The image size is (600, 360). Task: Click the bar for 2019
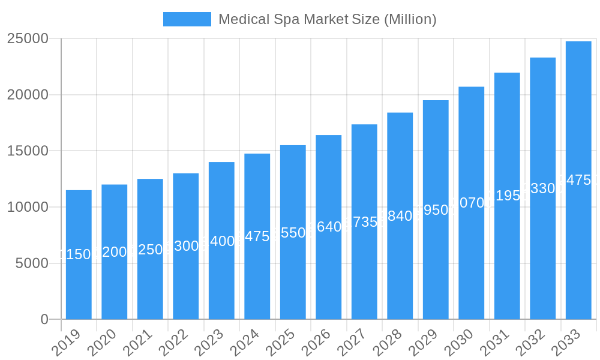tap(79, 282)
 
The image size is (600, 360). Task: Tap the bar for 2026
tap(329, 270)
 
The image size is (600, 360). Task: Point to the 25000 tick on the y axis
tap(28, 38)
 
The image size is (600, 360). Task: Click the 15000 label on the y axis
tap(28, 151)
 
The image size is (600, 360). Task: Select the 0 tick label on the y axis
tap(44, 320)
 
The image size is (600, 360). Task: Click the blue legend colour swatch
tap(187, 19)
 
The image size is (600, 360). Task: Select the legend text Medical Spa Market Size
tap(327, 19)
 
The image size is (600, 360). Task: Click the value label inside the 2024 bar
tap(257, 236)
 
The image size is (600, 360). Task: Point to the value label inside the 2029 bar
tap(436, 210)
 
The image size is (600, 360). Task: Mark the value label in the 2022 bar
tap(186, 246)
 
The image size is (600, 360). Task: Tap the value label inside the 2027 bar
tap(364, 222)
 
